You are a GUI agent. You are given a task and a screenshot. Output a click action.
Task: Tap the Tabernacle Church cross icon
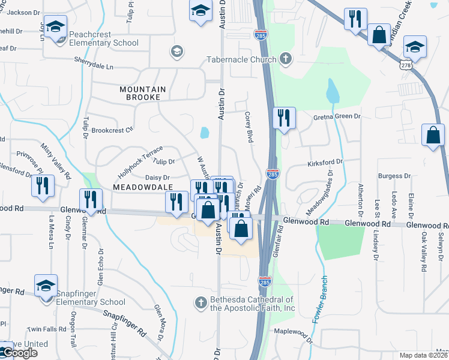pyautogui.click(x=286, y=59)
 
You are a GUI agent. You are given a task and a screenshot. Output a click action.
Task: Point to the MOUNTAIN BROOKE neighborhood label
pyautogui.click(x=142, y=93)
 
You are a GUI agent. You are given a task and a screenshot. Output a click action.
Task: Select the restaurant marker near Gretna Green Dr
pyautogui.click(x=284, y=118)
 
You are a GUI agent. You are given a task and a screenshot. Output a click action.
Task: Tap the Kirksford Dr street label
pyautogui.click(x=325, y=162)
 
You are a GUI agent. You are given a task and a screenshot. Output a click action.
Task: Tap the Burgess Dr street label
pyautogui.click(x=398, y=176)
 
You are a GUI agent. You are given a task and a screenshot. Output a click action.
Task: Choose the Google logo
pyautogui.click(x=19, y=353)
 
